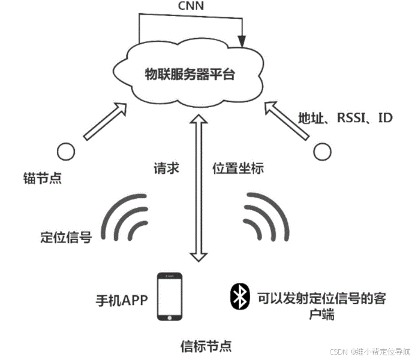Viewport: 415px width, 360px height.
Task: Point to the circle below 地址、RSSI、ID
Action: coord(323,152)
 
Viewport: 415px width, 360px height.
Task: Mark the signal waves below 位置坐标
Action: coord(266,217)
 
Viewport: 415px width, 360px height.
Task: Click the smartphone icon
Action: coord(169,297)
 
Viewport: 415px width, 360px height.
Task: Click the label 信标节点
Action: coord(206,346)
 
